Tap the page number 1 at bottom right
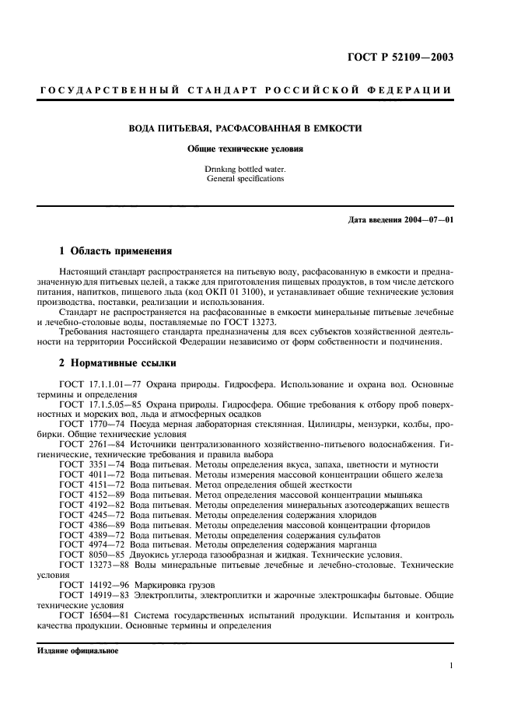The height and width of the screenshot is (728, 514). click(451, 666)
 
